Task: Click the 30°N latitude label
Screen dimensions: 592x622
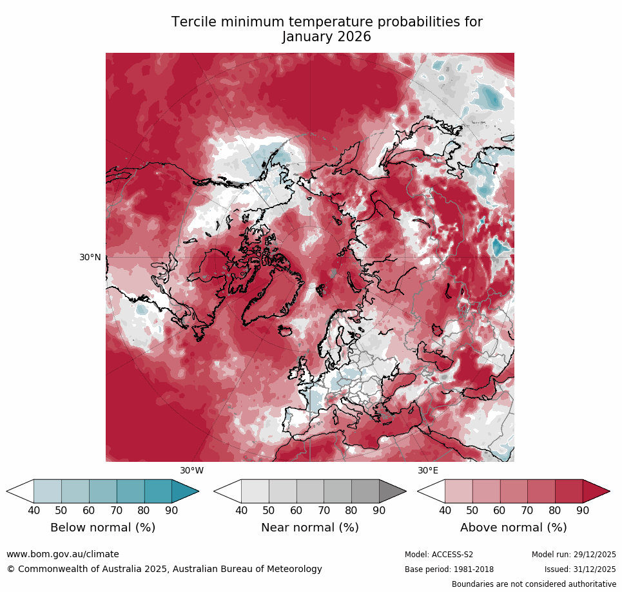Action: (90, 257)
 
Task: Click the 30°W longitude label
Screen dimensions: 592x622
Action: (191, 471)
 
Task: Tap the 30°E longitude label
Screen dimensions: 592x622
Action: (428, 471)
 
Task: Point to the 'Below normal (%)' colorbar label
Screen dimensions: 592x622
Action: (102, 528)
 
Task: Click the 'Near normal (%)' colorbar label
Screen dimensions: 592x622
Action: (309, 528)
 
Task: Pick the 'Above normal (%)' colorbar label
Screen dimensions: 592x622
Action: (513, 528)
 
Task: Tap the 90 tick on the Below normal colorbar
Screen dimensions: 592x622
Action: (171, 511)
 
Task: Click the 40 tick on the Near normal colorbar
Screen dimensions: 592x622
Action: (241, 511)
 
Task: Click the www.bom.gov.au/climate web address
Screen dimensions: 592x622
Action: (63, 554)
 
